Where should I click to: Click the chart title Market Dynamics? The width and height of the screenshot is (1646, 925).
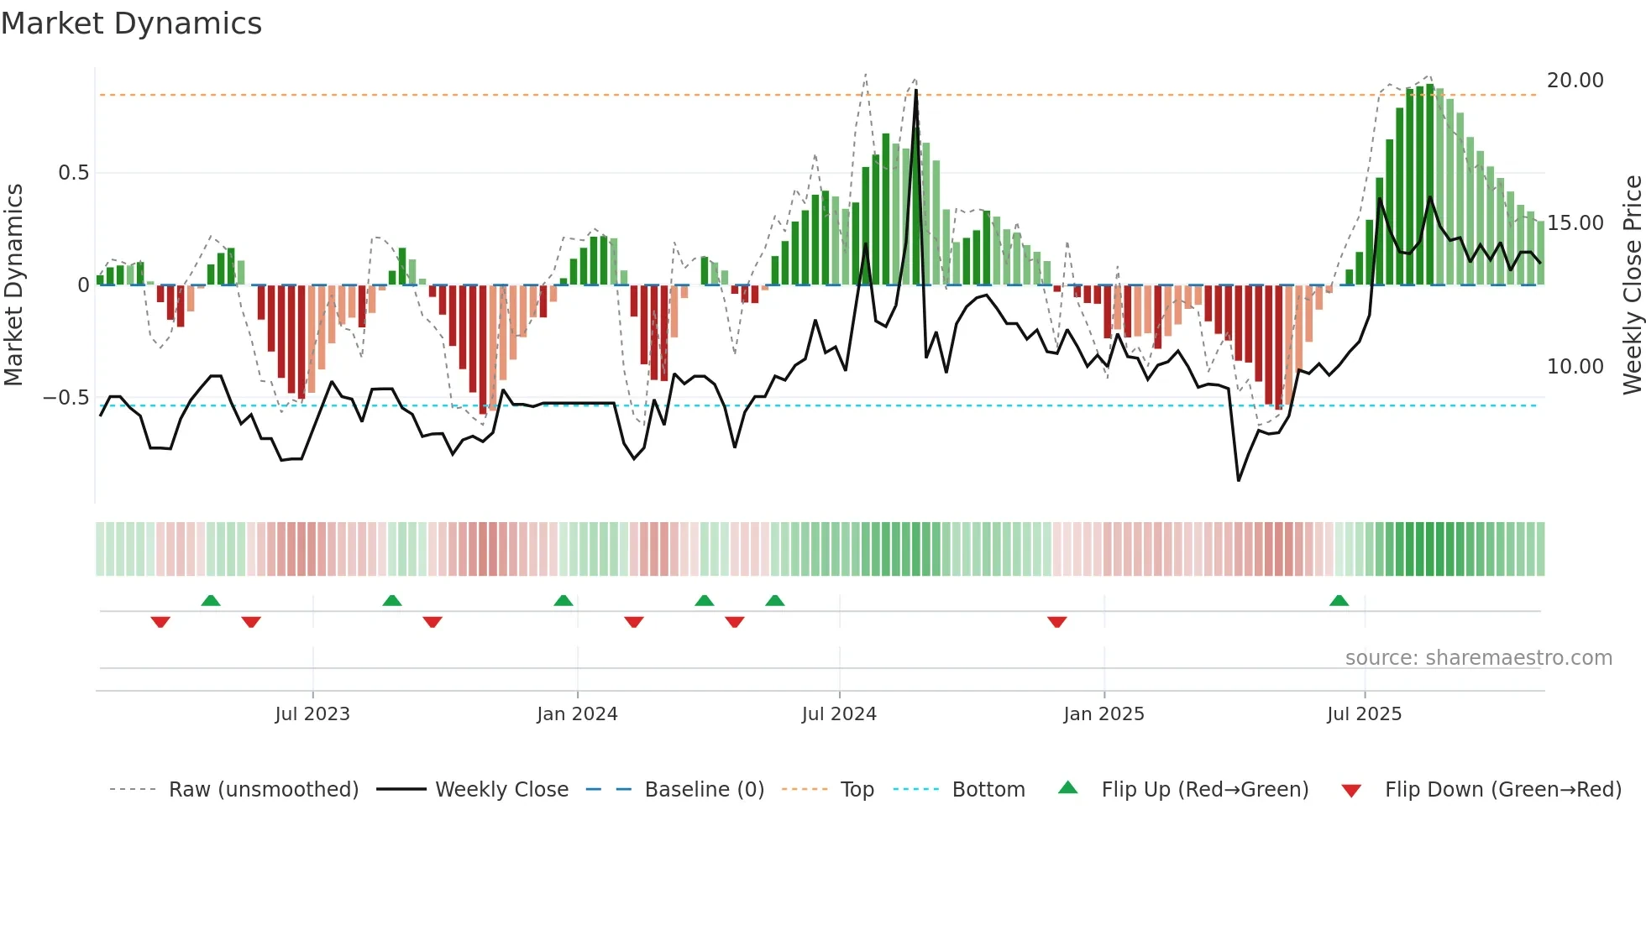pyautogui.click(x=131, y=24)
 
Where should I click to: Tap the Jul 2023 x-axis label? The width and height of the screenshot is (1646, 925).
pyautogui.click(x=312, y=714)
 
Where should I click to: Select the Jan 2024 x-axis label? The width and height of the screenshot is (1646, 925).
pyautogui.click(x=577, y=714)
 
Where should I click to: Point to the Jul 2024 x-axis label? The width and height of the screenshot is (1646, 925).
pyautogui.click(x=839, y=714)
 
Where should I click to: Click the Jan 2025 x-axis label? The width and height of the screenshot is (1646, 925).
pyautogui.click(x=1103, y=714)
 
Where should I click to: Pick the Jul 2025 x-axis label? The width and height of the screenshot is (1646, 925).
pyautogui.click(x=1365, y=714)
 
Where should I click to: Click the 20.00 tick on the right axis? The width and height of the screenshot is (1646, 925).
pyautogui.click(x=1575, y=81)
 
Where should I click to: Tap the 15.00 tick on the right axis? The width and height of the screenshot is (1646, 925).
pyautogui.click(x=1575, y=223)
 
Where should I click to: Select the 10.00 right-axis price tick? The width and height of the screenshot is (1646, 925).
pyautogui.click(x=1575, y=367)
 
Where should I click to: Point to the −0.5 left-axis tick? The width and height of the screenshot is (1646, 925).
pyautogui.click(x=66, y=398)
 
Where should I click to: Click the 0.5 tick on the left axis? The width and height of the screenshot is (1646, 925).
pyautogui.click(x=73, y=173)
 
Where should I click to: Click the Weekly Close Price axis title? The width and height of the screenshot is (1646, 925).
pyautogui.click(x=1632, y=285)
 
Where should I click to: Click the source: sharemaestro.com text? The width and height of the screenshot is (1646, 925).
pyautogui.click(x=1478, y=658)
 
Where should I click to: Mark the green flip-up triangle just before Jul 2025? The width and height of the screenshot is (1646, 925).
pyautogui.click(x=1339, y=601)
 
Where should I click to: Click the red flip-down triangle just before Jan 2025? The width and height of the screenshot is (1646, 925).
pyautogui.click(x=1057, y=622)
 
